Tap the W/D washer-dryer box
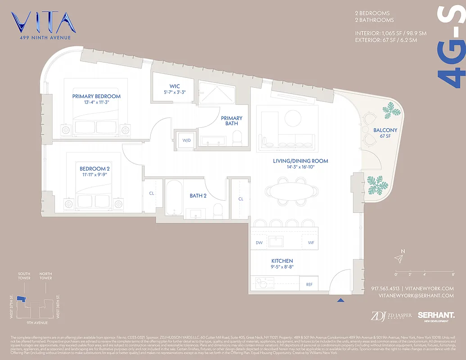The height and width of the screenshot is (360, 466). coord(186,140)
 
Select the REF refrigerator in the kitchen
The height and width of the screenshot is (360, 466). coord(309,284)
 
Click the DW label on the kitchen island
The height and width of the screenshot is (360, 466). coord(259,243)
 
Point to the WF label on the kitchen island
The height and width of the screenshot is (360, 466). coord(311,243)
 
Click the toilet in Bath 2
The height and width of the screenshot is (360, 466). coord(218,210)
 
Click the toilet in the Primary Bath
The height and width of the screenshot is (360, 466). coord(239,135)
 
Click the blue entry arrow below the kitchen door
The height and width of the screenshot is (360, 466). coord(340,300)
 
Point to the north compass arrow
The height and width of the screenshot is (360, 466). coord(398,258)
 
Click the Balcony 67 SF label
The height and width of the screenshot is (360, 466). coord(385,133)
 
